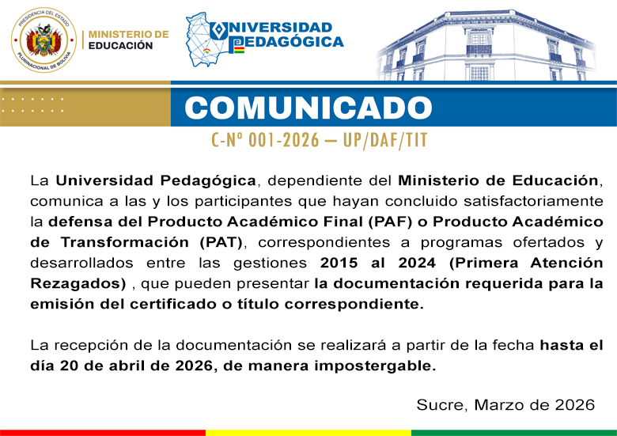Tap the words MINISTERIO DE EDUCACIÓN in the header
tap(128, 40)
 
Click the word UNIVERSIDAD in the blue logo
tap(281, 28)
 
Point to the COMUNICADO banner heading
tap(308, 108)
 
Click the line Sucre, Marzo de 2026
tap(505, 405)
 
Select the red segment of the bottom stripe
tap(103, 432)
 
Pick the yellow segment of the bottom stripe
tap(308, 432)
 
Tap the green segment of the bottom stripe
tap(514, 432)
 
